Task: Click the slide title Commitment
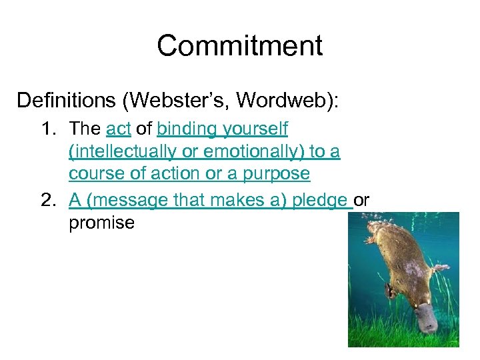[240, 45]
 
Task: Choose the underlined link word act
[117, 129]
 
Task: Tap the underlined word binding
[187, 129]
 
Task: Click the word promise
[101, 223]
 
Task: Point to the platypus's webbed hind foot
[441, 269]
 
